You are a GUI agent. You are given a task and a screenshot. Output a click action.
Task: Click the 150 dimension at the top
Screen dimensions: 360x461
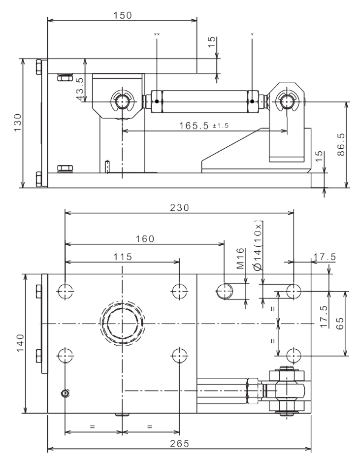click(123, 15)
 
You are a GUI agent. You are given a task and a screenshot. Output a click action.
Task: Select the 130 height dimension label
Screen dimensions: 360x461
click(18, 123)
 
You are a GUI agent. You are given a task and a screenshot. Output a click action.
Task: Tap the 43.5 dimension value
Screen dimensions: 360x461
click(80, 89)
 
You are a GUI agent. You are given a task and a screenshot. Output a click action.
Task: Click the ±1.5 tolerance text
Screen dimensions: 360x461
click(221, 126)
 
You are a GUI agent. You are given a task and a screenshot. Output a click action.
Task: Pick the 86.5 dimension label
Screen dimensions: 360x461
click(341, 144)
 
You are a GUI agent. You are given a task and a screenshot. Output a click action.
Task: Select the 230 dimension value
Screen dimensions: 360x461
click(180, 208)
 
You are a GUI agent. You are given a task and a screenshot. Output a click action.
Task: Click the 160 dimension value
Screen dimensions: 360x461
click(145, 239)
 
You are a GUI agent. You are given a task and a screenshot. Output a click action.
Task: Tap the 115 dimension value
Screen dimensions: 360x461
click(123, 257)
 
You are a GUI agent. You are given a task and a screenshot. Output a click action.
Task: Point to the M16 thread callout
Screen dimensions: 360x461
click(240, 259)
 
